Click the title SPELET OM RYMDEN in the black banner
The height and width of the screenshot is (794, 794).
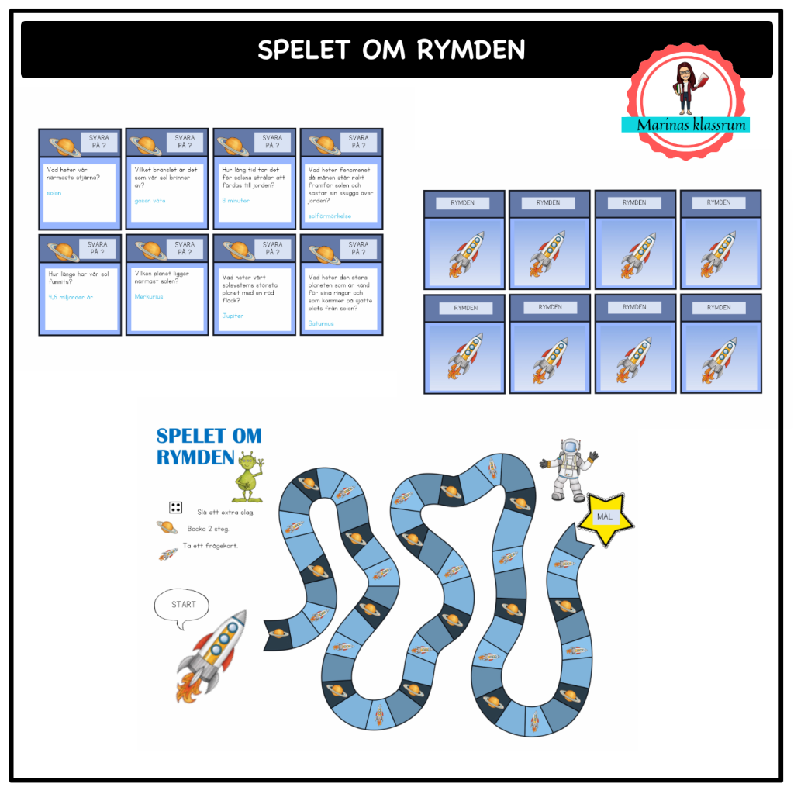click(391, 50)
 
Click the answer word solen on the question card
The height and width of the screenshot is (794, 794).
click(54, 193)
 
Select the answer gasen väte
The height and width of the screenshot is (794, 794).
click(150, 201)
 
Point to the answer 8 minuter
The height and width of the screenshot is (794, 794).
click(236, 201)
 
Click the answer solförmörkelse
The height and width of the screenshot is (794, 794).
click(330, 216)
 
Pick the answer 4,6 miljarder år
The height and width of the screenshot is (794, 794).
click(70, 298)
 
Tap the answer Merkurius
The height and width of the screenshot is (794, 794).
click(150, 296)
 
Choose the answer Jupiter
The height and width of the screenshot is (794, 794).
click(233, 316)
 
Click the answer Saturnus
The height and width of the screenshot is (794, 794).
click(321, 323)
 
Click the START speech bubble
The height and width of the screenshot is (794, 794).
click(184, 605)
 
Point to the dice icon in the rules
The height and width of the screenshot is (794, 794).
click(176, 508)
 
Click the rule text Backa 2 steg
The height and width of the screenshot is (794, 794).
click(208, 529)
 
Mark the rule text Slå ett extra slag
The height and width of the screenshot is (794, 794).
click(226, 512)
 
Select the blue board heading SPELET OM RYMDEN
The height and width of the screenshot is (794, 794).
click(207, 447)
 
